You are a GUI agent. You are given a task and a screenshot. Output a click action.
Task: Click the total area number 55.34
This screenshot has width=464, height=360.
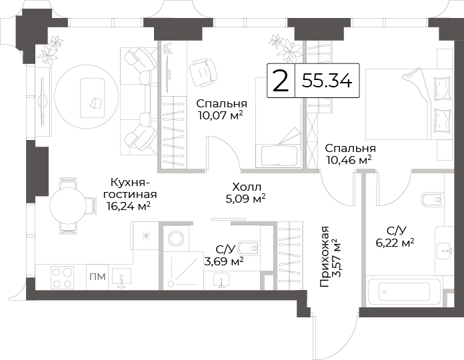coord(327,81)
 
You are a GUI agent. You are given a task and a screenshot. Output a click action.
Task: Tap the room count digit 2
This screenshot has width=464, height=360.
coord(280,81)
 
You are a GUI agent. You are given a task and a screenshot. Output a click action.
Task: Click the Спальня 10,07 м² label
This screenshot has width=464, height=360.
coord(221,109)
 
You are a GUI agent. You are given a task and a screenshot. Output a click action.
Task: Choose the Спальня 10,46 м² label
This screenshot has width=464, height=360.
coord(350,154)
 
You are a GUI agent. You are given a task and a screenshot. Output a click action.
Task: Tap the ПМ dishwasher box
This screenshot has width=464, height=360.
coord(97,277)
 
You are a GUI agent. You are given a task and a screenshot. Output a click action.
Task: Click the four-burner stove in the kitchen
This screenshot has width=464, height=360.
coord(63,277)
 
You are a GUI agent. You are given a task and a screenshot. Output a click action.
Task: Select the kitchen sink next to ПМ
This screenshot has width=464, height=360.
coord(121,278)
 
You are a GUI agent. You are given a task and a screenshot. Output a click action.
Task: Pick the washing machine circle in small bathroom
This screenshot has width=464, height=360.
coord(177,237)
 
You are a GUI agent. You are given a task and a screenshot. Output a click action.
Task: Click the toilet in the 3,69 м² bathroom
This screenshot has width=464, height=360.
coord(249,248)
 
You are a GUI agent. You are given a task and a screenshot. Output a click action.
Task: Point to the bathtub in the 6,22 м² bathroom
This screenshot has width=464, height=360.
coord(403,292)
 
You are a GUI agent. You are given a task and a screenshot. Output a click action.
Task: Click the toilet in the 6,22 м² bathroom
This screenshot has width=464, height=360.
coord(433,200)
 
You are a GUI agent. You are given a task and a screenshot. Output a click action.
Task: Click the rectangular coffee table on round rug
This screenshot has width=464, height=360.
coord(92,98)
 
